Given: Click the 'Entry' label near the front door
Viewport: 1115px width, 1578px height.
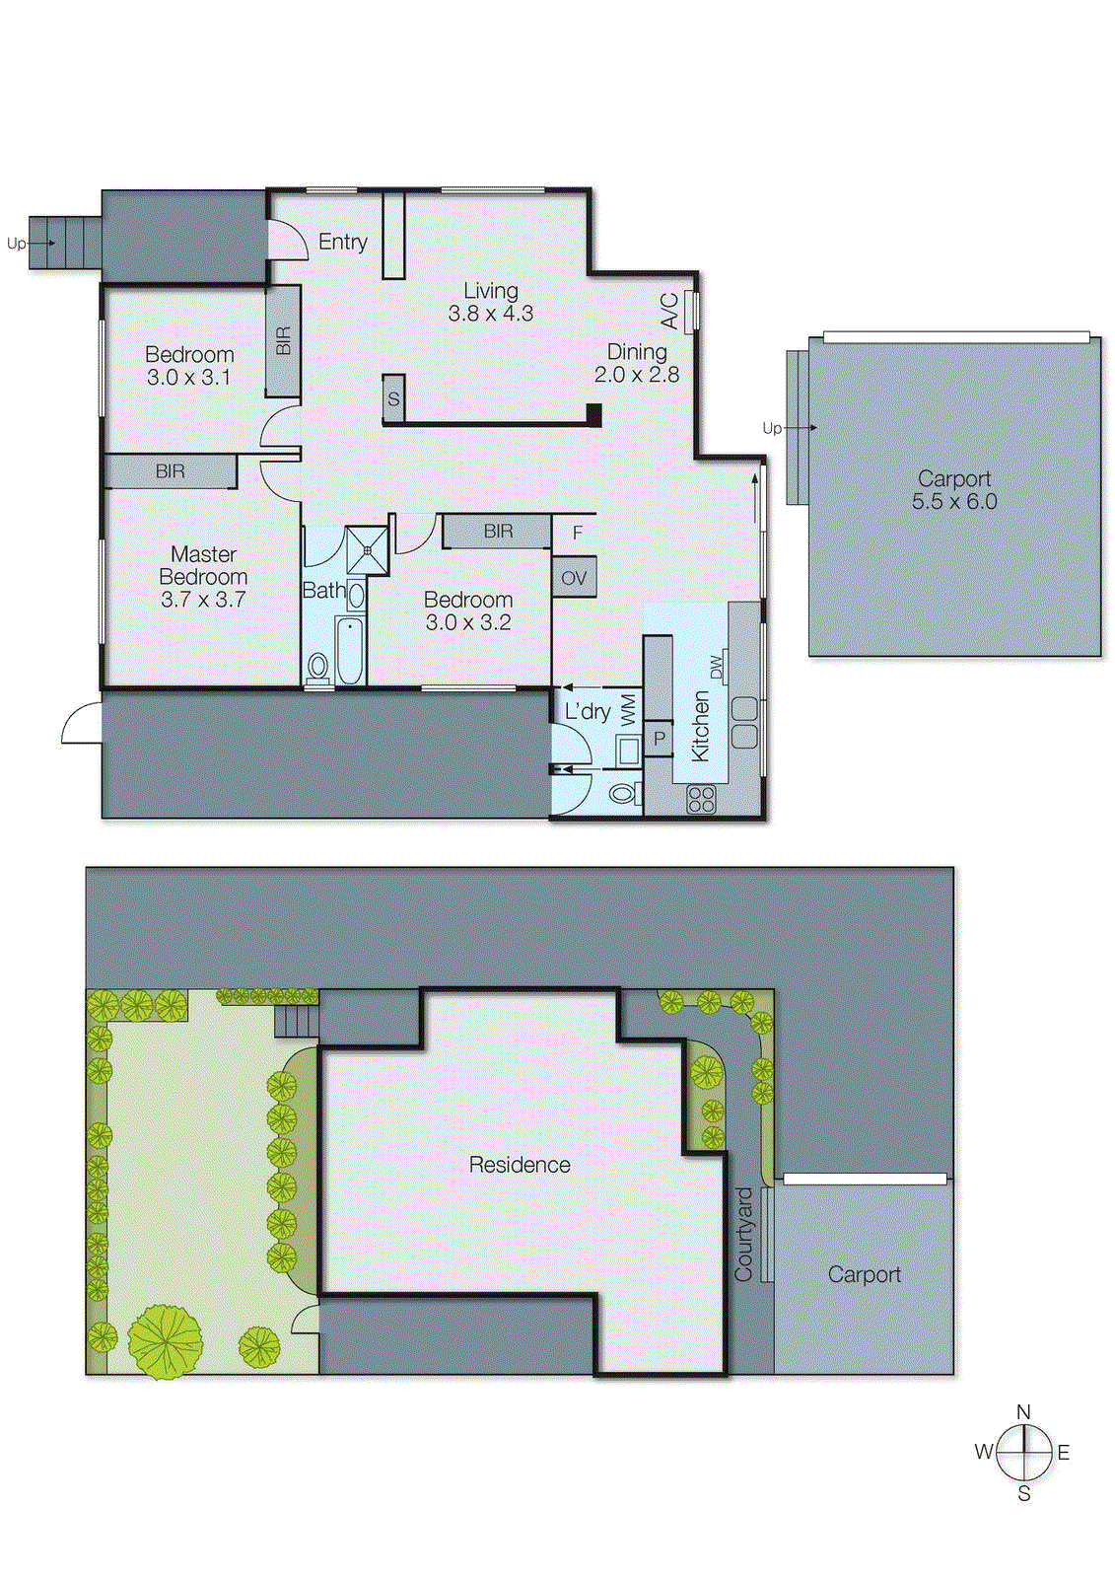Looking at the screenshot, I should click(x=342, y=242).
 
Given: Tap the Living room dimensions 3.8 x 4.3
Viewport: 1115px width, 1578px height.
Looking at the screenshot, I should click(x=490, y=314).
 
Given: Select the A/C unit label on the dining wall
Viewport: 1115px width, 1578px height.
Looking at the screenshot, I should click(x=669, y=310).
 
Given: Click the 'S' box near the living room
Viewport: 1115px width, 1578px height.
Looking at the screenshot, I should click(x=393, y=398).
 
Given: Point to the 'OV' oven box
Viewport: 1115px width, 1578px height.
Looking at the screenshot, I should click(x=574, y=578).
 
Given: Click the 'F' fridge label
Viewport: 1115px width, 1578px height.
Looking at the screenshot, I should click(x=578, y=533).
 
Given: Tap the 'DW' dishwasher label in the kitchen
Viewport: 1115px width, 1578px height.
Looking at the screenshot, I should click(x=717, y=667).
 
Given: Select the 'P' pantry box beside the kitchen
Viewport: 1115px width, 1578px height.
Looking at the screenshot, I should click(x=659, y=738).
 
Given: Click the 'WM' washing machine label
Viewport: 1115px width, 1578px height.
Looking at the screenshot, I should click(x=629, y=709).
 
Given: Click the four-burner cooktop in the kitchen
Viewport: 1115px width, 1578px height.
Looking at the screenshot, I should click(x=701, y=799).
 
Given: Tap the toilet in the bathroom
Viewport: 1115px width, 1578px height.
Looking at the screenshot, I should click(x=317, y=668).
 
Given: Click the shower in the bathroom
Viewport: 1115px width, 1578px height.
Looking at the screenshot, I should click(x=368, y=550).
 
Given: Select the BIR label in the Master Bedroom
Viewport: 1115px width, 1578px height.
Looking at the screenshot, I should click(x=170, y=471).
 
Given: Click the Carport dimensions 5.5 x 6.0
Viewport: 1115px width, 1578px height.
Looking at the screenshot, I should click(x=953, y=501).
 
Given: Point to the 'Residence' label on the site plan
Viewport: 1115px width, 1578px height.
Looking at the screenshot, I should click(x=520, y=1165).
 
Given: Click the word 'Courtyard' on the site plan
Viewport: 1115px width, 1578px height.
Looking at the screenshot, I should click(x=743, y=1234).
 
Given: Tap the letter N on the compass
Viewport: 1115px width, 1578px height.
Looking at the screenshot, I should click(x=1023, y=1411).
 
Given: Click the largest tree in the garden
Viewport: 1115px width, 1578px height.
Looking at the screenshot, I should click(x=165, y=1341).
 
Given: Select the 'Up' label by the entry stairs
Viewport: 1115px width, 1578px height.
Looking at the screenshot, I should click(x=16, y=244).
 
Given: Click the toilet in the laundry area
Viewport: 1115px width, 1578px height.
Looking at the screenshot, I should click(x=622, y=792).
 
